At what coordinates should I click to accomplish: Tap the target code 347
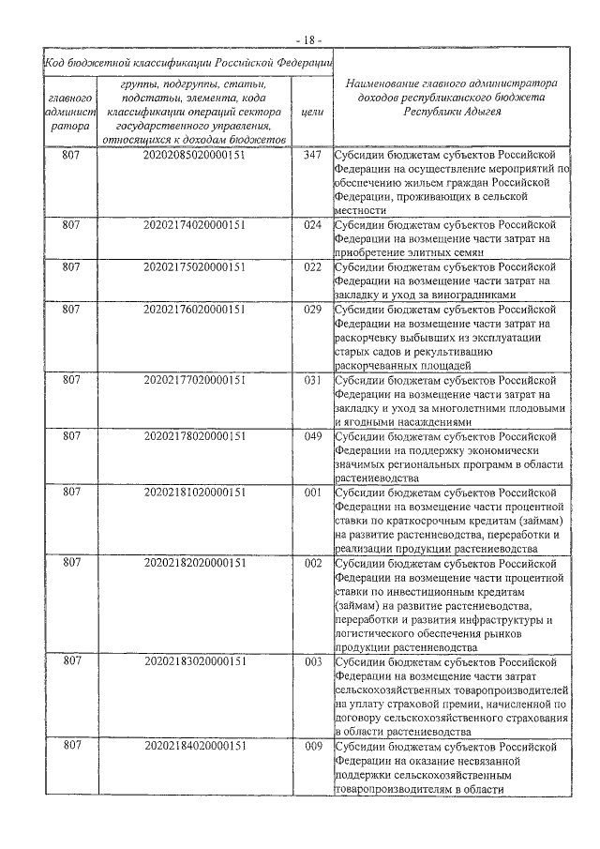(313, 155)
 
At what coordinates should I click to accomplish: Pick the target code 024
(313, 225)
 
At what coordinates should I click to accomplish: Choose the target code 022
(313, 267)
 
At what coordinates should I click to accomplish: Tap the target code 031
(313, 380)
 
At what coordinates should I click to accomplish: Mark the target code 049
(313, 436)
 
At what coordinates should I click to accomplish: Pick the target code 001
(313, 493)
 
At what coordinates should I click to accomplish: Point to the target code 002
(313, 563)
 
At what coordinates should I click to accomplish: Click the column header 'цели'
(313, 112)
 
